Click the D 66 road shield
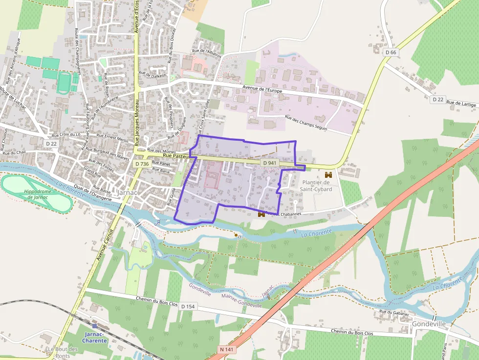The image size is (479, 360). tap(390, 52)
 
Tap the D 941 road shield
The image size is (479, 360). tap(269, 163)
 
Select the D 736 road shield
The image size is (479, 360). tap(141, 164)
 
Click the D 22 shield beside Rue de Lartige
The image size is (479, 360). tap(437, 99)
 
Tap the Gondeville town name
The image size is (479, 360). tap(429, 324)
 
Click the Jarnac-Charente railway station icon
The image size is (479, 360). tap(94, 325)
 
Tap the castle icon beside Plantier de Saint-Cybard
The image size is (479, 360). tap(328, 174)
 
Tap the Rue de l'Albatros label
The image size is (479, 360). tap(207, 51)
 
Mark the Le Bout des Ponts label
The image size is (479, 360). tap(63, 352)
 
